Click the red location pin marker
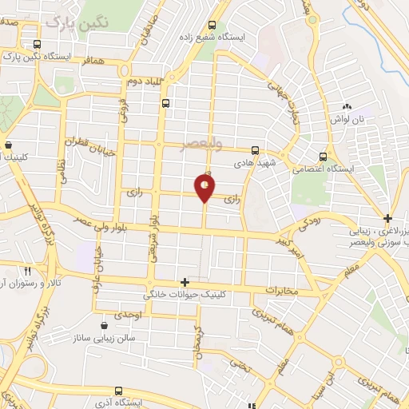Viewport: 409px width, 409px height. pos(205,187)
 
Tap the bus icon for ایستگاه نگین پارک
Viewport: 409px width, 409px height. pos(37,45)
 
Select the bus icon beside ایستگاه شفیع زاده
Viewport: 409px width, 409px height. pos(212,25)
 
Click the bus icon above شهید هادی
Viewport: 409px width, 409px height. pos(255,149)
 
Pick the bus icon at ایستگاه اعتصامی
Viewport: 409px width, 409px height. pos(323,157)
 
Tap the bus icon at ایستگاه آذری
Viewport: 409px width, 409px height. pos(118,391)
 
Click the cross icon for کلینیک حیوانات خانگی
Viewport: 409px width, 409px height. pos(185,282)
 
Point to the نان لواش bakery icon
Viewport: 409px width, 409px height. pos(347,106)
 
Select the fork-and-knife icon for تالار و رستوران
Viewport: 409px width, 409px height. pos(27,272)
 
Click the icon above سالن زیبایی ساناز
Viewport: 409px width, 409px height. pos(105,326)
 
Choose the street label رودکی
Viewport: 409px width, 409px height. pos(312,227)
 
